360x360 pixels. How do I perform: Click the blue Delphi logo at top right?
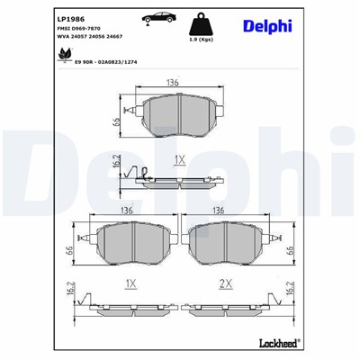point(267,25)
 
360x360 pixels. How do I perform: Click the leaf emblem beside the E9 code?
point(65,56)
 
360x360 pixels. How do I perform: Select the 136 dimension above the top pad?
point(172,82)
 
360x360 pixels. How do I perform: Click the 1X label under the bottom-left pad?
point(131,283)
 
